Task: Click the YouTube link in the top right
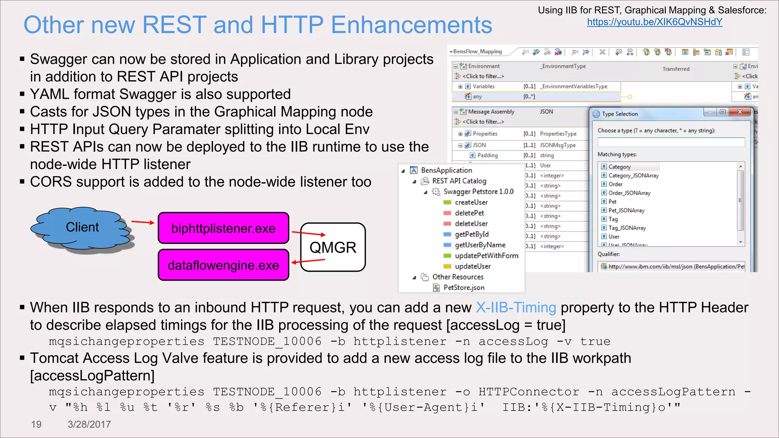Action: [x=654, y=22]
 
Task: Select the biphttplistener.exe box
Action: [x=223, y=228]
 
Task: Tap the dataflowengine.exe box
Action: [x=223, y=265]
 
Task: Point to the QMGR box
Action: [x=333, y=247]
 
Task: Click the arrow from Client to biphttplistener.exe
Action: [x=143, y=222]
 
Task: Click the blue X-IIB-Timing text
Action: [x=516, y=307]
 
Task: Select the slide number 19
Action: [x=36, y=424]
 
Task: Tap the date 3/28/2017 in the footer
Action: [x=89, y=424]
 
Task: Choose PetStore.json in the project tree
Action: [x=464, y=287]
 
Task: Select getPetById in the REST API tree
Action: [x=472, y=234]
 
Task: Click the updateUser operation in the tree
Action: [x=472, y=266]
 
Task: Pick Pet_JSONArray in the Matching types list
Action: [x=626, y=210]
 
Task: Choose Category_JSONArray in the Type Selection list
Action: [x=633, y=175]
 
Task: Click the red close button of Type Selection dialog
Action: [x=739, y=112]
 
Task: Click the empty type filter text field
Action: [x=671, y=142]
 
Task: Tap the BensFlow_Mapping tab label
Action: [x=477, y=51]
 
